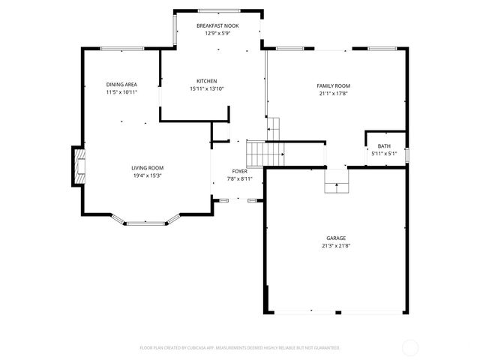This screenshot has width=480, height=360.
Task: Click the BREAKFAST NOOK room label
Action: coord(217,25)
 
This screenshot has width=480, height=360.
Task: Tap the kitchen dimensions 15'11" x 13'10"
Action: coord(207,88)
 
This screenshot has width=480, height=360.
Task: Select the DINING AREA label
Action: coord(121,85)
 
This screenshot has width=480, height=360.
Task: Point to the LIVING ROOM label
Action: coord(148,168)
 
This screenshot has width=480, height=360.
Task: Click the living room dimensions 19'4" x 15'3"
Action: coord(148,175)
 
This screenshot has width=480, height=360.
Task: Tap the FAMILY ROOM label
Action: coord(334,85)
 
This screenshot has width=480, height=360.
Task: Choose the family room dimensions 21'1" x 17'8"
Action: coord(334,94)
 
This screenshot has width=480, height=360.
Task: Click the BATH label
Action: coord(384,146)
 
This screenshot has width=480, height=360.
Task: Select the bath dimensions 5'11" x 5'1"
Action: coord(384,154)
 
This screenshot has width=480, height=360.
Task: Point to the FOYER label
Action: coord(239,172)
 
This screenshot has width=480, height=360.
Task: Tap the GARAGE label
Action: coord(335,238)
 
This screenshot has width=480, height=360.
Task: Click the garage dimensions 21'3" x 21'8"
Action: coord(335,245)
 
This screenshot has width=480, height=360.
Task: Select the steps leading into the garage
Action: coord(337,181)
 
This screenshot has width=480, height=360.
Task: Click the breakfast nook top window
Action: coord(219,10)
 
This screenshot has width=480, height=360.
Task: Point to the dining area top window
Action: coord(121,49)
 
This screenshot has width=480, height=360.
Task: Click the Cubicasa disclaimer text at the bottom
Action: coord(240,348)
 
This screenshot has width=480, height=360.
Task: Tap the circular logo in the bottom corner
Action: coord(410,347)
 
